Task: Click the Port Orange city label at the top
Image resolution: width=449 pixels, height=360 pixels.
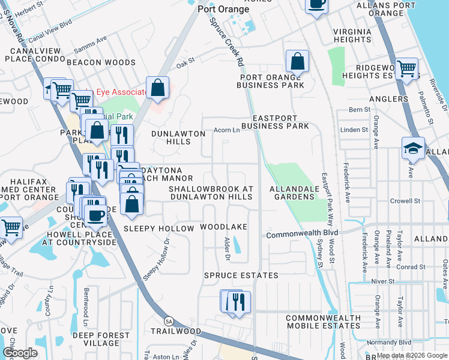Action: point(223,10)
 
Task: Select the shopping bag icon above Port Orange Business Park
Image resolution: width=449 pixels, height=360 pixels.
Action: point(297,61)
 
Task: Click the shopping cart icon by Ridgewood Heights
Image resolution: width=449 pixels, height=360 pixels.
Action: point(407,69)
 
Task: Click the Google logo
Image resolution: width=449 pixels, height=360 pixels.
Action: point(20,353)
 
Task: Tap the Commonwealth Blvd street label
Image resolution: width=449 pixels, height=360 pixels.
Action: point(303,233)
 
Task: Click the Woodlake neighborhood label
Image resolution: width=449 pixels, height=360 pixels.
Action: point(223,227)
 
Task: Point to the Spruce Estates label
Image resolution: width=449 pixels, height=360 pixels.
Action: point(241,275)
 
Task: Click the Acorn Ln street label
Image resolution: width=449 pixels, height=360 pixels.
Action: point(228,130)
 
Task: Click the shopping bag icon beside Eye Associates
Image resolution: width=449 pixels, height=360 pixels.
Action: point(157,89)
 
